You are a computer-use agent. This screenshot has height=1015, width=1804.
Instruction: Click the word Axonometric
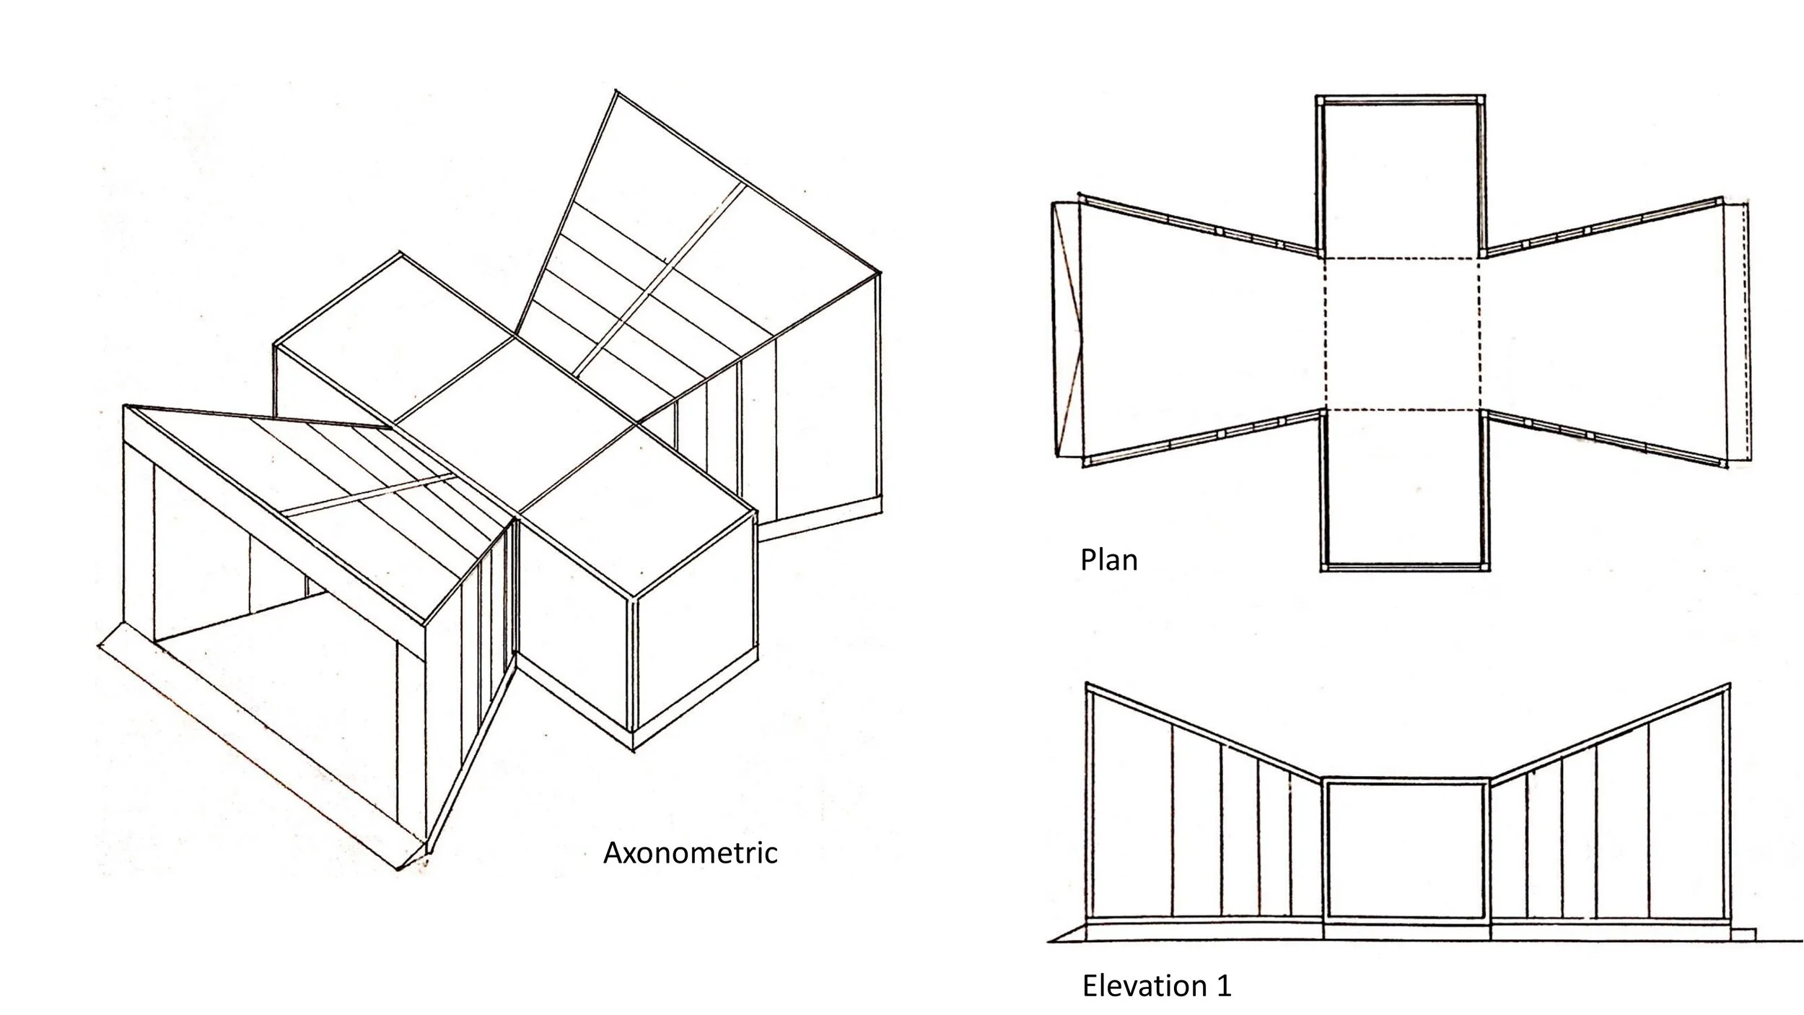coord(690,853)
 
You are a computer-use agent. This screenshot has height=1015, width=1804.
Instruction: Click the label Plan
coord(1108,560)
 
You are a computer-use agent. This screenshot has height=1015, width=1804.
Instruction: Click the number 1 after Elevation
coord(1224,986)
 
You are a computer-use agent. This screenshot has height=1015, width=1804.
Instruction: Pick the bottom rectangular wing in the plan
coord(1401,491)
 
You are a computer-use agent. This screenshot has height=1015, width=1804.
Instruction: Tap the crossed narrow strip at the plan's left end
coord(1066,330)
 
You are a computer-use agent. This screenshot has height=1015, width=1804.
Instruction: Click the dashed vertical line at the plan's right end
coord(1747,332)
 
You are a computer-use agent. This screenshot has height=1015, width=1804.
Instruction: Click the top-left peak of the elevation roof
coord(1087,684)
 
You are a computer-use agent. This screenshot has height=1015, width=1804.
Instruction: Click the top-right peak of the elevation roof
coord(1729,684)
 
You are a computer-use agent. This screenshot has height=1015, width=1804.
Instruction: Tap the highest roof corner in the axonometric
coord(615,91)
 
